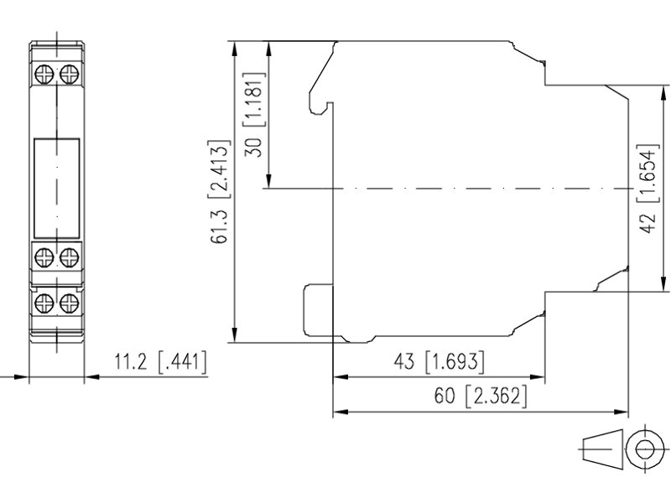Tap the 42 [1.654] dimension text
pos(646,189)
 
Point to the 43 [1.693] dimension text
pos(439,362)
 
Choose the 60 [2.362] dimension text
pos(480,395)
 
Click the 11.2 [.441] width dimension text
pos(160,361)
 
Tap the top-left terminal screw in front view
pos(44,74)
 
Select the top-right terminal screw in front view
pos(70,74)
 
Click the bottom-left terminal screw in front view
pos(44,303)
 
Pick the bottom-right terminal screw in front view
pos(70,303)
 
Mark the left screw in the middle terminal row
pos(44,257)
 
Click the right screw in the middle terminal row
pos(70,257)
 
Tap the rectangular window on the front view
pos(56,188)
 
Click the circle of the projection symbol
pos(644,449)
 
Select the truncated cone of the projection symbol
pos(601,449)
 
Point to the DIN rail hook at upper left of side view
pos(321,79)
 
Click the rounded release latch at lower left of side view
pos(318,310)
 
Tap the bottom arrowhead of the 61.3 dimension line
pos(235,334)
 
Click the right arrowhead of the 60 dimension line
pos(621,412)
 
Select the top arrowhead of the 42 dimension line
pos(663,93)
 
